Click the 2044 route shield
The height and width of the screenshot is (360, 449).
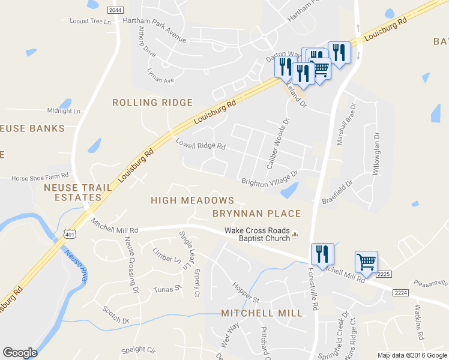point(116,10)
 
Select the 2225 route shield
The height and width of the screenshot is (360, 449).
point(384,274)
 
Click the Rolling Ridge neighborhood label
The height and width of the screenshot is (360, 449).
point(152,103)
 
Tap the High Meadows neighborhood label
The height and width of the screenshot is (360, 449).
point(192,200)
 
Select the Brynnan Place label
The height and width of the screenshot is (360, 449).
point(256,214)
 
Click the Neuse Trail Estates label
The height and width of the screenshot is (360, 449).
point(78,192)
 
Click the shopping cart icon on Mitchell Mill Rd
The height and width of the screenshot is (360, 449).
point(366,262)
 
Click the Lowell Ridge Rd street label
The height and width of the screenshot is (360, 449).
point(200,145)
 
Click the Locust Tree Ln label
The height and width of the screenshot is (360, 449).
point(91,21)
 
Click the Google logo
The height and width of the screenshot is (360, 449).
point(20,353)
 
